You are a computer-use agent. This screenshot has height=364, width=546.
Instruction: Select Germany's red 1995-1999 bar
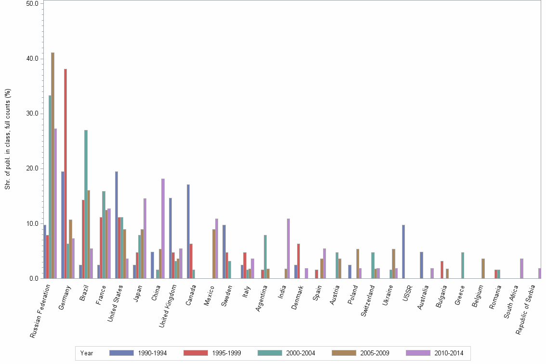(x=65, y=173)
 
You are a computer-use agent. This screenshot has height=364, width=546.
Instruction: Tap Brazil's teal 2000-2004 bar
(x=86, y=204)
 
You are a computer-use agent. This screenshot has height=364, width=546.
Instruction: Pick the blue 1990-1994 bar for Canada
(x=189, y=231)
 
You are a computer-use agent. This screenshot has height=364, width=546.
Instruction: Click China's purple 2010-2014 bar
(x=163, y=228)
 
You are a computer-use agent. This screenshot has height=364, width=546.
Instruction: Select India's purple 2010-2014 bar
(x=288, y=248)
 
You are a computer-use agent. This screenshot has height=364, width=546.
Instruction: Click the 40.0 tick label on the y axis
(x=32, y=59)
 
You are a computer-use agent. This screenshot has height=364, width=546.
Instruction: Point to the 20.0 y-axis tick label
(x=32, y=169)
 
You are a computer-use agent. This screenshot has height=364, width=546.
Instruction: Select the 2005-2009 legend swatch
(x=343, y=353)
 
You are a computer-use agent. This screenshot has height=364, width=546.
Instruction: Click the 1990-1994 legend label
(x=152, y=353)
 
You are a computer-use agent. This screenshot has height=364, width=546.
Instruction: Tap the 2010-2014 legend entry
(x=448, y=353)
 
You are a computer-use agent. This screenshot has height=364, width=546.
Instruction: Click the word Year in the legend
(x=87, y=353)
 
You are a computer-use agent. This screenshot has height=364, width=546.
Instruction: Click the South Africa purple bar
(x=521, y=268)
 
